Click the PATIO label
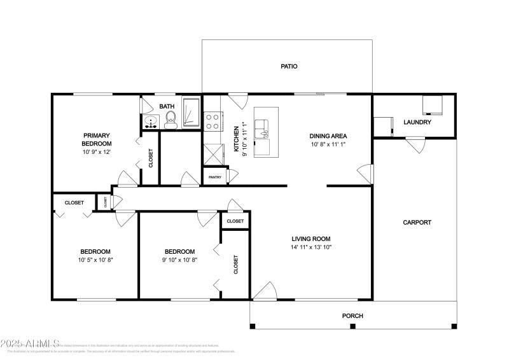[289, 66]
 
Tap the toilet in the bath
[170, 119]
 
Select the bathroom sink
[151, 121]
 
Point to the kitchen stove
[212, 118]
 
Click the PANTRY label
[214, 177]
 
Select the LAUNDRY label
[417, 122]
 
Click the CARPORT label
[417, 223]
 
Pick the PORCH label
[352, 315]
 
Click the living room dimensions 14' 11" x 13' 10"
[312, 247]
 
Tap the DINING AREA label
[328, 135]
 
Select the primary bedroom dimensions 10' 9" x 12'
[97, 152]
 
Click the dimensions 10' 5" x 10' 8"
[95, 260]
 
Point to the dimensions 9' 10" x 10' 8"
[179, 260]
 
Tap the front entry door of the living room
[264, 292]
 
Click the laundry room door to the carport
[415, 145]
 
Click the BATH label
[167, 106]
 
